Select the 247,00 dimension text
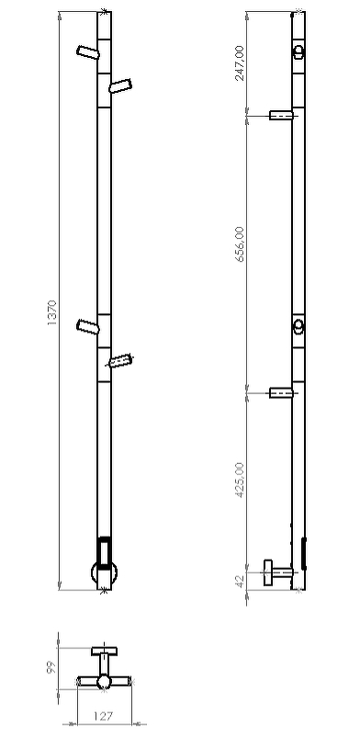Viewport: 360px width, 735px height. [x=241, y=62]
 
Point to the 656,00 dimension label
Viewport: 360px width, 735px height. [x=241, y=245]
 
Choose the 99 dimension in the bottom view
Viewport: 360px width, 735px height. [x=52, y=666]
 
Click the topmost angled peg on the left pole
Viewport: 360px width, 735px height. [x=88, y=52]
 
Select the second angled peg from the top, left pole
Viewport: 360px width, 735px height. [x=120, y=86]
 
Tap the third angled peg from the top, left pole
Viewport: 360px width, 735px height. [x=88, y=326]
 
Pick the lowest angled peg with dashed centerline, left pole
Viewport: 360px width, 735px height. [x=120, y=360]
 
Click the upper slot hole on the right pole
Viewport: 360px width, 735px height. [x=298, y=52]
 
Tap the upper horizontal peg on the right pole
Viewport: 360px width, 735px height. [x=281, y=115]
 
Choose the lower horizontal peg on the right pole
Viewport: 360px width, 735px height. [x=281, y=393]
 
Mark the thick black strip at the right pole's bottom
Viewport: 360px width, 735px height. [x=304, y=553]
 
